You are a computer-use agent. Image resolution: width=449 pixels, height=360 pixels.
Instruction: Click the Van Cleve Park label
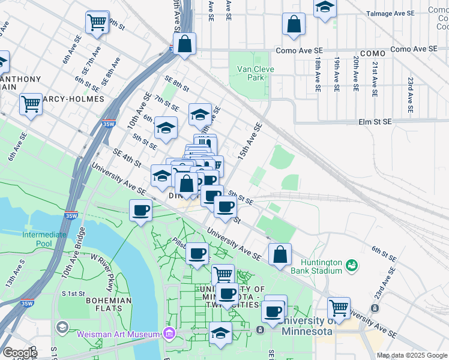[256, 73]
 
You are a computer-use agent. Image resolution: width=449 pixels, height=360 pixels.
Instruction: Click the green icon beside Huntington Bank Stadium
[352, 264]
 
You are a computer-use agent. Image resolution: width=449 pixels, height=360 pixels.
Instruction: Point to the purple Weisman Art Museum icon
[170, 334]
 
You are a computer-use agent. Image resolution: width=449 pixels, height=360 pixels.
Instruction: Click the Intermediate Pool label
[44, 239]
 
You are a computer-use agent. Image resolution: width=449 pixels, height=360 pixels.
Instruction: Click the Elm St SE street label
[375, 122]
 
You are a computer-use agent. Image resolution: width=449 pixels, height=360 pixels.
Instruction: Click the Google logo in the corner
[19, 353]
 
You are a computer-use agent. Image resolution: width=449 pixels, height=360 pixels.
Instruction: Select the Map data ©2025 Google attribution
[412, 355]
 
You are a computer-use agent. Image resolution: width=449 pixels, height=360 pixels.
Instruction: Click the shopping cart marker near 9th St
[97, 22]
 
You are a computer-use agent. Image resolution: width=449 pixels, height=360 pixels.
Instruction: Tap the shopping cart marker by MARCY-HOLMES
[31, 103]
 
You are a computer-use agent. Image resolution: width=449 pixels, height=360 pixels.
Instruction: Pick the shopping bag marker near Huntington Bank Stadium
[280, 254]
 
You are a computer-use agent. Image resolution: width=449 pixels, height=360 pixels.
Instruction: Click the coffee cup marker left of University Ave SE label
[141, 210]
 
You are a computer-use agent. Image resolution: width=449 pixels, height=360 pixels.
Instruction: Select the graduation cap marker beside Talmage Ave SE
[325, 7]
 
